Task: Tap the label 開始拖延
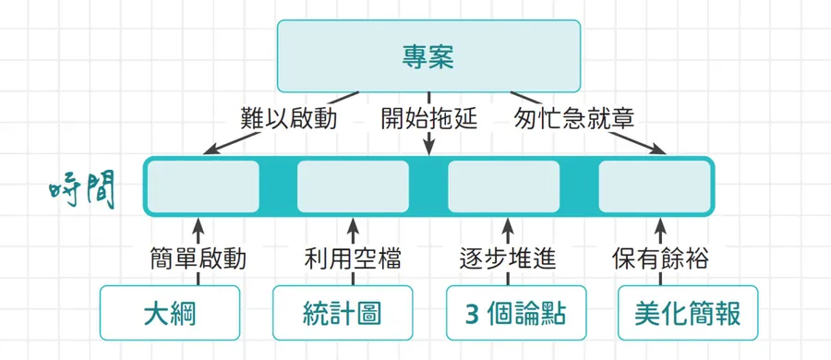click(428, 118)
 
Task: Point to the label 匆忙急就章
click(574, 118)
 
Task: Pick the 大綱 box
click(170, 313)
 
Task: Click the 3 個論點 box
click(515, 313)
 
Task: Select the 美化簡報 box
click(688, 313)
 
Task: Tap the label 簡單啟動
click(199, 259)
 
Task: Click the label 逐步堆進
click(507, 259)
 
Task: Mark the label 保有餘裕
click(661, 259)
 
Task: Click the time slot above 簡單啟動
click(203, 186)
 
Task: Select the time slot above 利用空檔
click(353, 186)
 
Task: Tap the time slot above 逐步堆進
click(504, 186)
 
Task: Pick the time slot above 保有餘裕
click(655, 186)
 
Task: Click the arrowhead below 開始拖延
click(428, 149)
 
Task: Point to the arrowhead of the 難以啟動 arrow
click(211, 149)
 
